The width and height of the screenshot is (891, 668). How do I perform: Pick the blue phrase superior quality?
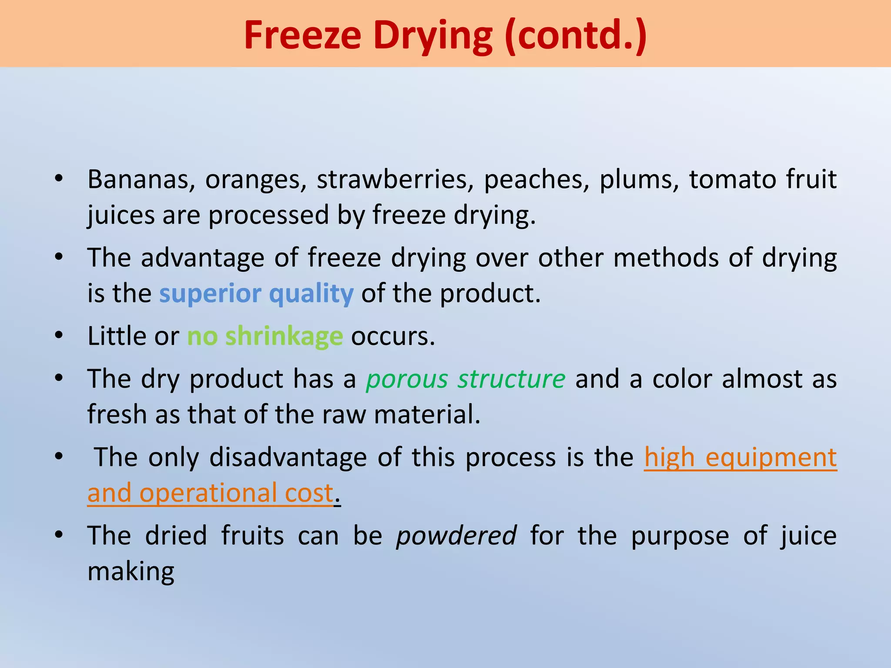pyautogui.click(x=256, y=294)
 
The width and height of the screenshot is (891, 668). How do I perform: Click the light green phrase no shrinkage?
pyautogui.click(x=265, y=336)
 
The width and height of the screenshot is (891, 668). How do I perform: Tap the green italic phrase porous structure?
pyautogui.click(x=466, y=379)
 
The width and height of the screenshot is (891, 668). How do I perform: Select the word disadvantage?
pyautogui.click(x=288, y=457)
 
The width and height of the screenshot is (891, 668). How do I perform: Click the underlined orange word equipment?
pyautogui.click(x=771, y=457)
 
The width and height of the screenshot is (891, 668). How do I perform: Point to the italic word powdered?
pyautogui.click(x=456, y=535)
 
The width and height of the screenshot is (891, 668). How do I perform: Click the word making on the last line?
pyautogui.click(x=131, y=571)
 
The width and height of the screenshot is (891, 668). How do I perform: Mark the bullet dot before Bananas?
pyautogui.click(x=59, y=178)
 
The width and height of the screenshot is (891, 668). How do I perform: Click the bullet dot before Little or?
pyautogui.click(x=59, y=335)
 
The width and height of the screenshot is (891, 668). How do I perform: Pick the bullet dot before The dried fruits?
pyautogui.click(x=59, y=534)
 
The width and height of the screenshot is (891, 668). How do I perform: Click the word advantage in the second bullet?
pyautogui.click(x=203, y=258)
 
